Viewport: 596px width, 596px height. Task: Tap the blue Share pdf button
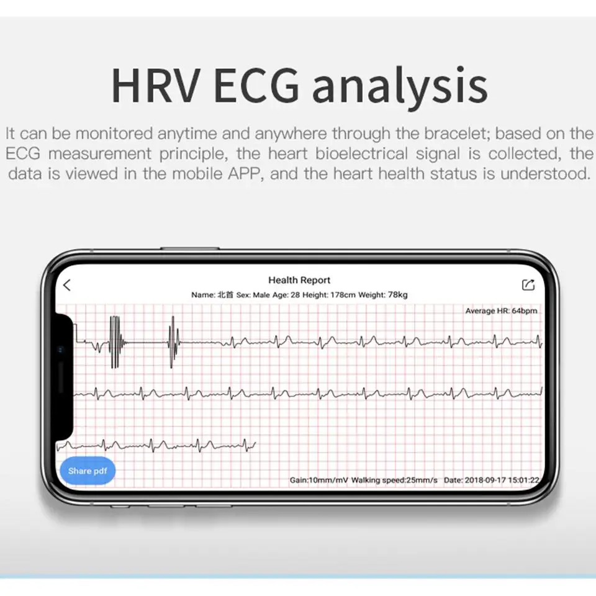(x=88, y=471)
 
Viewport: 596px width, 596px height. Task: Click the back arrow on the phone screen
(x=67, y=285)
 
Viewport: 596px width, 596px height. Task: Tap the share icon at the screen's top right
(x=528, y=285)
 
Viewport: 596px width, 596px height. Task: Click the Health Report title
(x=299, y=280)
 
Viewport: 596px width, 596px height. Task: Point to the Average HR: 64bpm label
(x=502, y=311)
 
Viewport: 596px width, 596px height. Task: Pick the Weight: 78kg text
(x=383, y=295)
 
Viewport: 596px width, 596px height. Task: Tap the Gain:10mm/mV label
(x=318, y=480)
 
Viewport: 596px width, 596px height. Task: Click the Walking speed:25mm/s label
(x=394, y=480)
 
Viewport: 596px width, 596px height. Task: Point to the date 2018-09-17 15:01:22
(x=502, y=480)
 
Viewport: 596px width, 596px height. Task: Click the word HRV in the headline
(x=156, y=85)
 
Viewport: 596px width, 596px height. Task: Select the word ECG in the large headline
(x=256, y=85)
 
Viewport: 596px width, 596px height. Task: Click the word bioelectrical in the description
(x=361, y=153)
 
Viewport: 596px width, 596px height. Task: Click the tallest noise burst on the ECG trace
(x=115, y=342)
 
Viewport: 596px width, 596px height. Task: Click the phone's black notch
(x=65, y=376)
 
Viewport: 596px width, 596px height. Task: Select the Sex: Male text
(x=253, y=295)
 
